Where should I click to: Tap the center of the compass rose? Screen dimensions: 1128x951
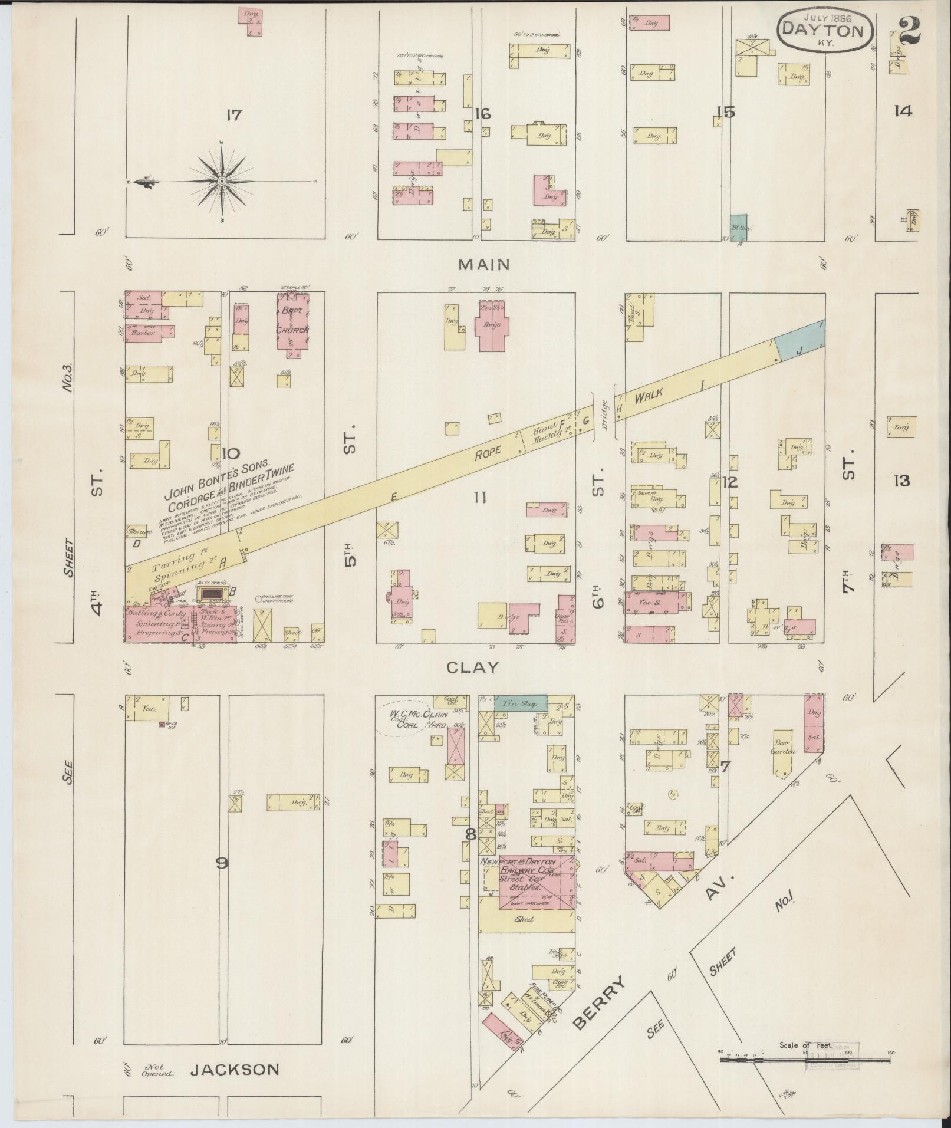coord(222,181)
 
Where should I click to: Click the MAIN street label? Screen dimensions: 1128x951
coord(484,265)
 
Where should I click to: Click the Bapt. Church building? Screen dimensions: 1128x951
coord(292,325)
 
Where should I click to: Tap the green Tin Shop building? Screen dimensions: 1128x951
coord(519,703)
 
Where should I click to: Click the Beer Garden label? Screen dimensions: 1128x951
coord(783,747)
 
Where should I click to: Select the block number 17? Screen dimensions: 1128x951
coord(233,115)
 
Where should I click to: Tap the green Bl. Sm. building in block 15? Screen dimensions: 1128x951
coord(739,228)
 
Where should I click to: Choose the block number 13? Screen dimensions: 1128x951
coord(901,481)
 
